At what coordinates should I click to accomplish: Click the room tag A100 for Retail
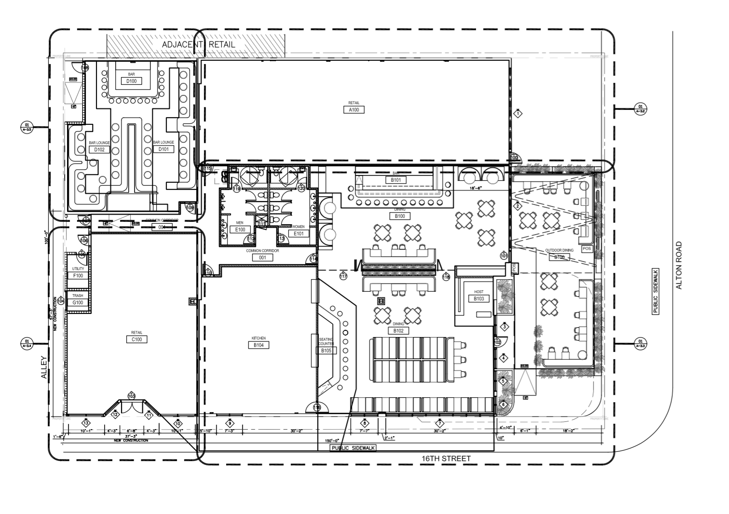354,110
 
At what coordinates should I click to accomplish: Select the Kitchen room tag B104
258,345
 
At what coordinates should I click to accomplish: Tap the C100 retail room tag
136,339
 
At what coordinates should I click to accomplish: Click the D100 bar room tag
131,81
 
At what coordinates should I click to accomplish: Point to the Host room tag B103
478,298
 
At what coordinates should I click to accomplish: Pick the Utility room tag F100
78,276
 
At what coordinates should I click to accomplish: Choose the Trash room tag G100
78,303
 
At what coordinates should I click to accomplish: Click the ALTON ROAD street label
679,265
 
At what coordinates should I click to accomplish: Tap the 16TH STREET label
446,458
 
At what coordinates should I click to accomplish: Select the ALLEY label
44,367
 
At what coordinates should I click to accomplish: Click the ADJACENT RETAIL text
199,45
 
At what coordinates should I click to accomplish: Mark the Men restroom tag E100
240,230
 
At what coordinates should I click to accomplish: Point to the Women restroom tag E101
298,233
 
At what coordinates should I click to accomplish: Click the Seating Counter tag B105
326,351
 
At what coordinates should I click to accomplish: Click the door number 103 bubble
131,396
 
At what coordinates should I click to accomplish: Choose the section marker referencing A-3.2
640,109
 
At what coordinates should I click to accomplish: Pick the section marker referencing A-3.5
27,127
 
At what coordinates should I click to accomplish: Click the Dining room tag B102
398,331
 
